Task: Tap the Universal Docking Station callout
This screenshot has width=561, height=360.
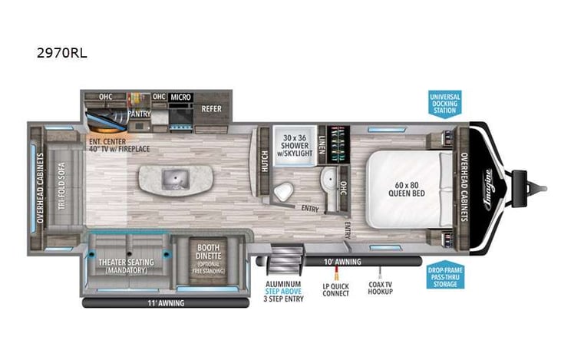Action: [444, 104]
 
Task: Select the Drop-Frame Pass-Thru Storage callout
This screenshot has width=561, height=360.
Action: [444, 276]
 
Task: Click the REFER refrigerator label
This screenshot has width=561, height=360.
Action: [211, 108]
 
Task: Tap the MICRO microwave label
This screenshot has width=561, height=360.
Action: [180, 97]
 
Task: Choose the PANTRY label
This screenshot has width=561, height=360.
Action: [139, 114]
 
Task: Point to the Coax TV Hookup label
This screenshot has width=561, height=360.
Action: [380, 287]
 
